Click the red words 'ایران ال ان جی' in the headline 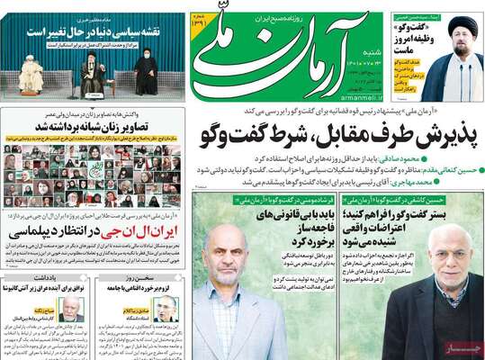pos(141,230)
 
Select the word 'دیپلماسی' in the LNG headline pos(49,230)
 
